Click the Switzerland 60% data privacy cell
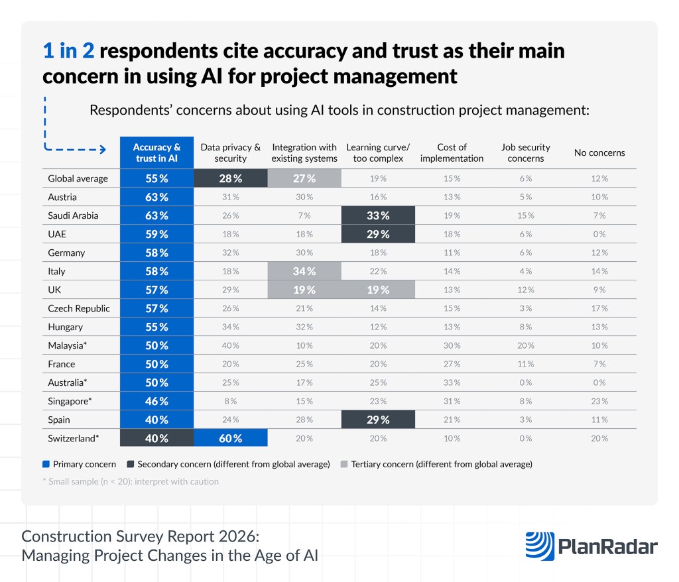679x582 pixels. click(x=230, y=438)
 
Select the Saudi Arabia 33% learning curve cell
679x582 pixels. click(x=377, y=215)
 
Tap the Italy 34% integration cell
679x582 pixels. click(x=304, y=271)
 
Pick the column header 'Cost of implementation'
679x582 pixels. click(x=452, y=152)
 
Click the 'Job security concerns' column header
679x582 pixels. click(x=525, y=152)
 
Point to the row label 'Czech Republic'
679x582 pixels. click(x=79, y=308)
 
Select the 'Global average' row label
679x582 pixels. click(x=78, y=178)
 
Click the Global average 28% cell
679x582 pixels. click(x=230, y=178)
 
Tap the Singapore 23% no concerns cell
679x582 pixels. click(x=599, y=401)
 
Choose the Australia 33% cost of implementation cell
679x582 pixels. click(x=452, y=382)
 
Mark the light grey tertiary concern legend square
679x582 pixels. click(x=344, y=464)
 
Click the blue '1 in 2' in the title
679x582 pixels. click(x=68, y=51)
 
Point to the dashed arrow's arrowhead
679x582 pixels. click(x=101, y=150)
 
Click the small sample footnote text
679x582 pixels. click(x=133, y=481)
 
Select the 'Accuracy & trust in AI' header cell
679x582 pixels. click(x=156, y=152)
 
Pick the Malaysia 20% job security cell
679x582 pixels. click(x=525, y=345)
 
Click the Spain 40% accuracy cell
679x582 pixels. click(x=156, y=420)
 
